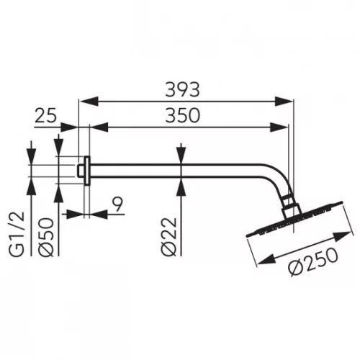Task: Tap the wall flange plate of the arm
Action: [x=87, y=170]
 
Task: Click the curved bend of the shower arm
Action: [x=282, y=184]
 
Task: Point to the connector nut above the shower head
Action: [x=292, y=207]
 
